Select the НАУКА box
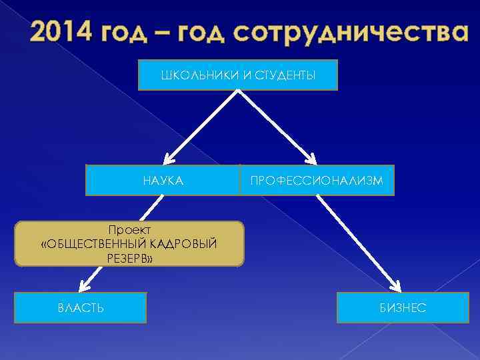163,180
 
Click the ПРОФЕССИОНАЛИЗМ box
317,180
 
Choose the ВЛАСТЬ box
80,307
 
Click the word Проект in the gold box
129,230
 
